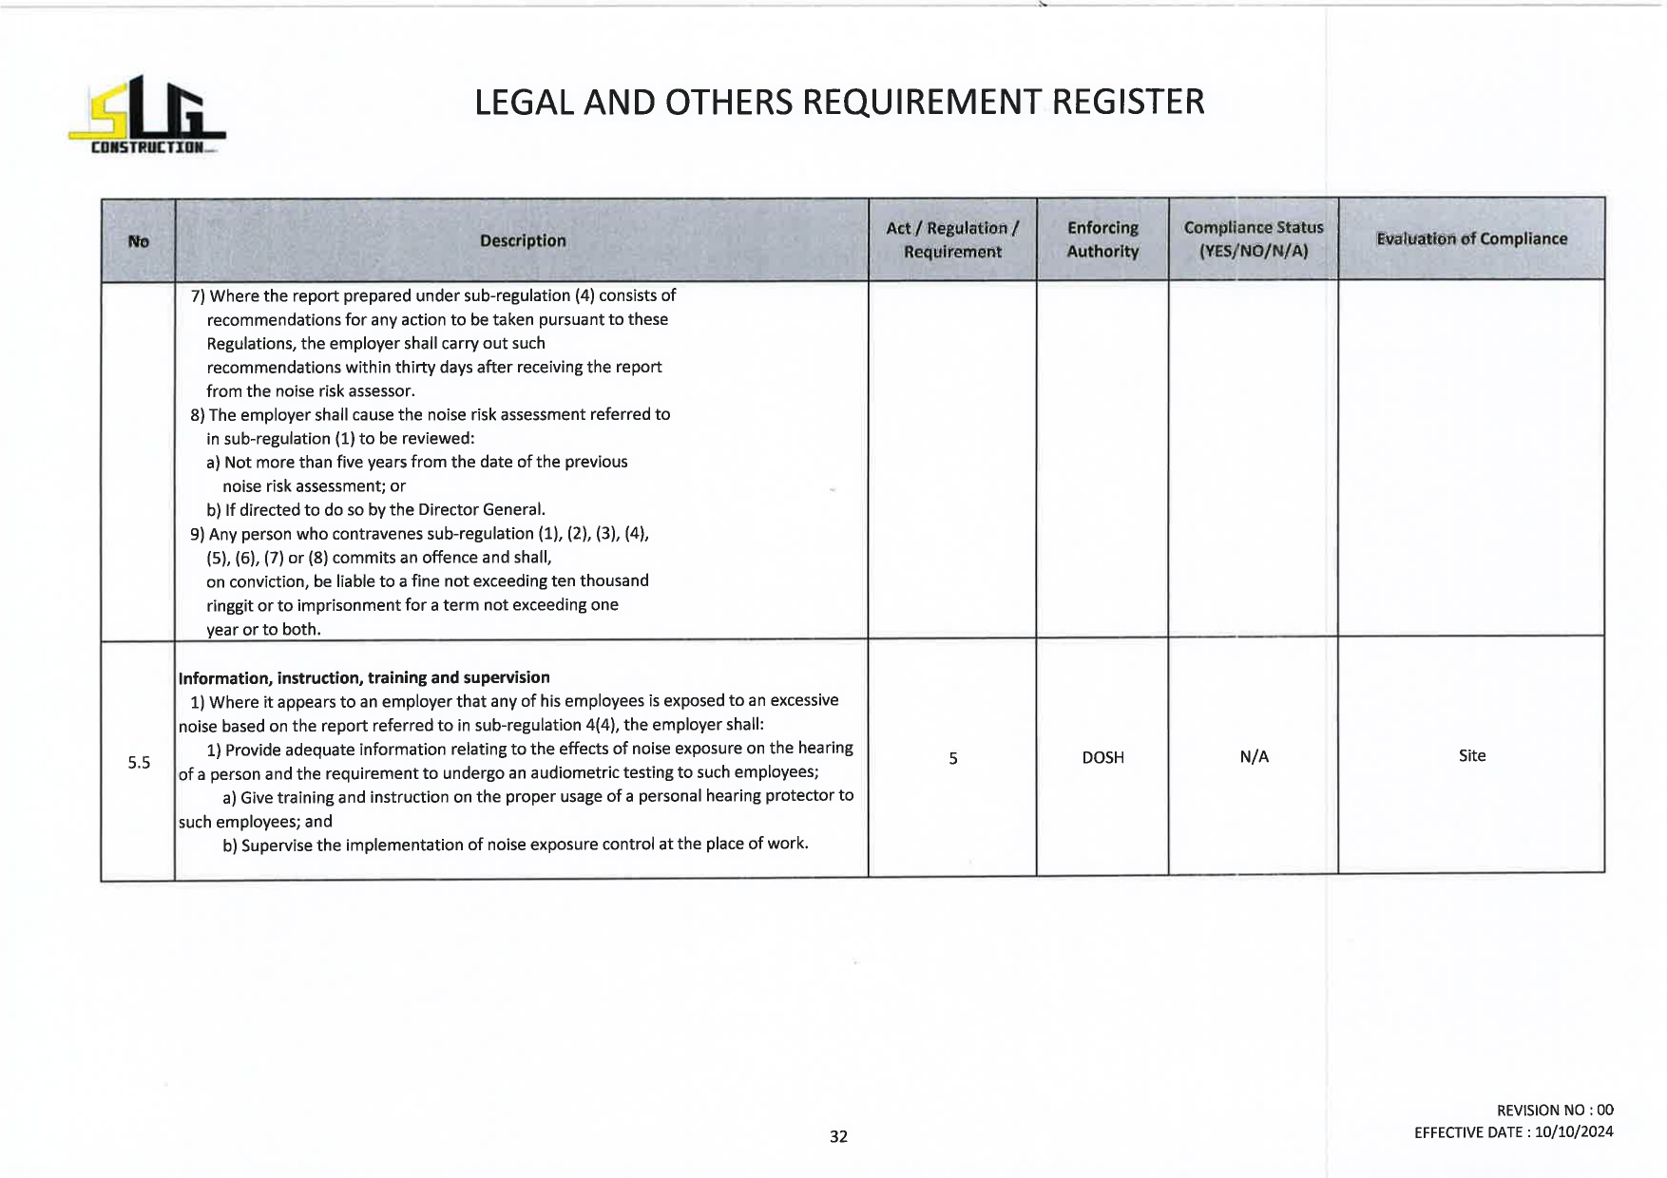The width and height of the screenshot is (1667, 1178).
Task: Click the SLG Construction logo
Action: coord(146,116)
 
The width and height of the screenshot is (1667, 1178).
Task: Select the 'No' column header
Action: coord(139,241)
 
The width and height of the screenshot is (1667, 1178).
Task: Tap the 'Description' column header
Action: coord(523,241)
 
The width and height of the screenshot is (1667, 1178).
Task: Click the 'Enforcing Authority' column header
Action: coord(1102,239)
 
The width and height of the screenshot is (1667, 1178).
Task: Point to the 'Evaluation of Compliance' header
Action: coord(1471,238)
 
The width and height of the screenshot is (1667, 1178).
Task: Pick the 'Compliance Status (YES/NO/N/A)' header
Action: coord(1254,239)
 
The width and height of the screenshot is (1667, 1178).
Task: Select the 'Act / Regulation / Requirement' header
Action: coord(952,239)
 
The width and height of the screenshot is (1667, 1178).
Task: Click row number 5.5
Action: coord(139,762)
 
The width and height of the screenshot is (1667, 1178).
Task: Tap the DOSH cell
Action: coord(1102,757)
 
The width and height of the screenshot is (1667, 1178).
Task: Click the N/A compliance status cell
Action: coord(1254,756)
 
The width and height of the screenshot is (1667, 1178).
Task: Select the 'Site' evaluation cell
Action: coord(1471,755)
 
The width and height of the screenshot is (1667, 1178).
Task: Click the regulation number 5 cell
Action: coord(952,758)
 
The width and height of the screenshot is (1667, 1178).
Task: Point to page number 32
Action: coord(838,1136)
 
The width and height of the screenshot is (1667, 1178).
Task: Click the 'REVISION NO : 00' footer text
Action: coord(1555,1110)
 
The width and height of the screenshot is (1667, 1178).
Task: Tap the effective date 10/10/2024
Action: coord(1574,1131)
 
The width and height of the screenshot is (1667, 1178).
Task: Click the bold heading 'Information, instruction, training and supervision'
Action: coord(364,677)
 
